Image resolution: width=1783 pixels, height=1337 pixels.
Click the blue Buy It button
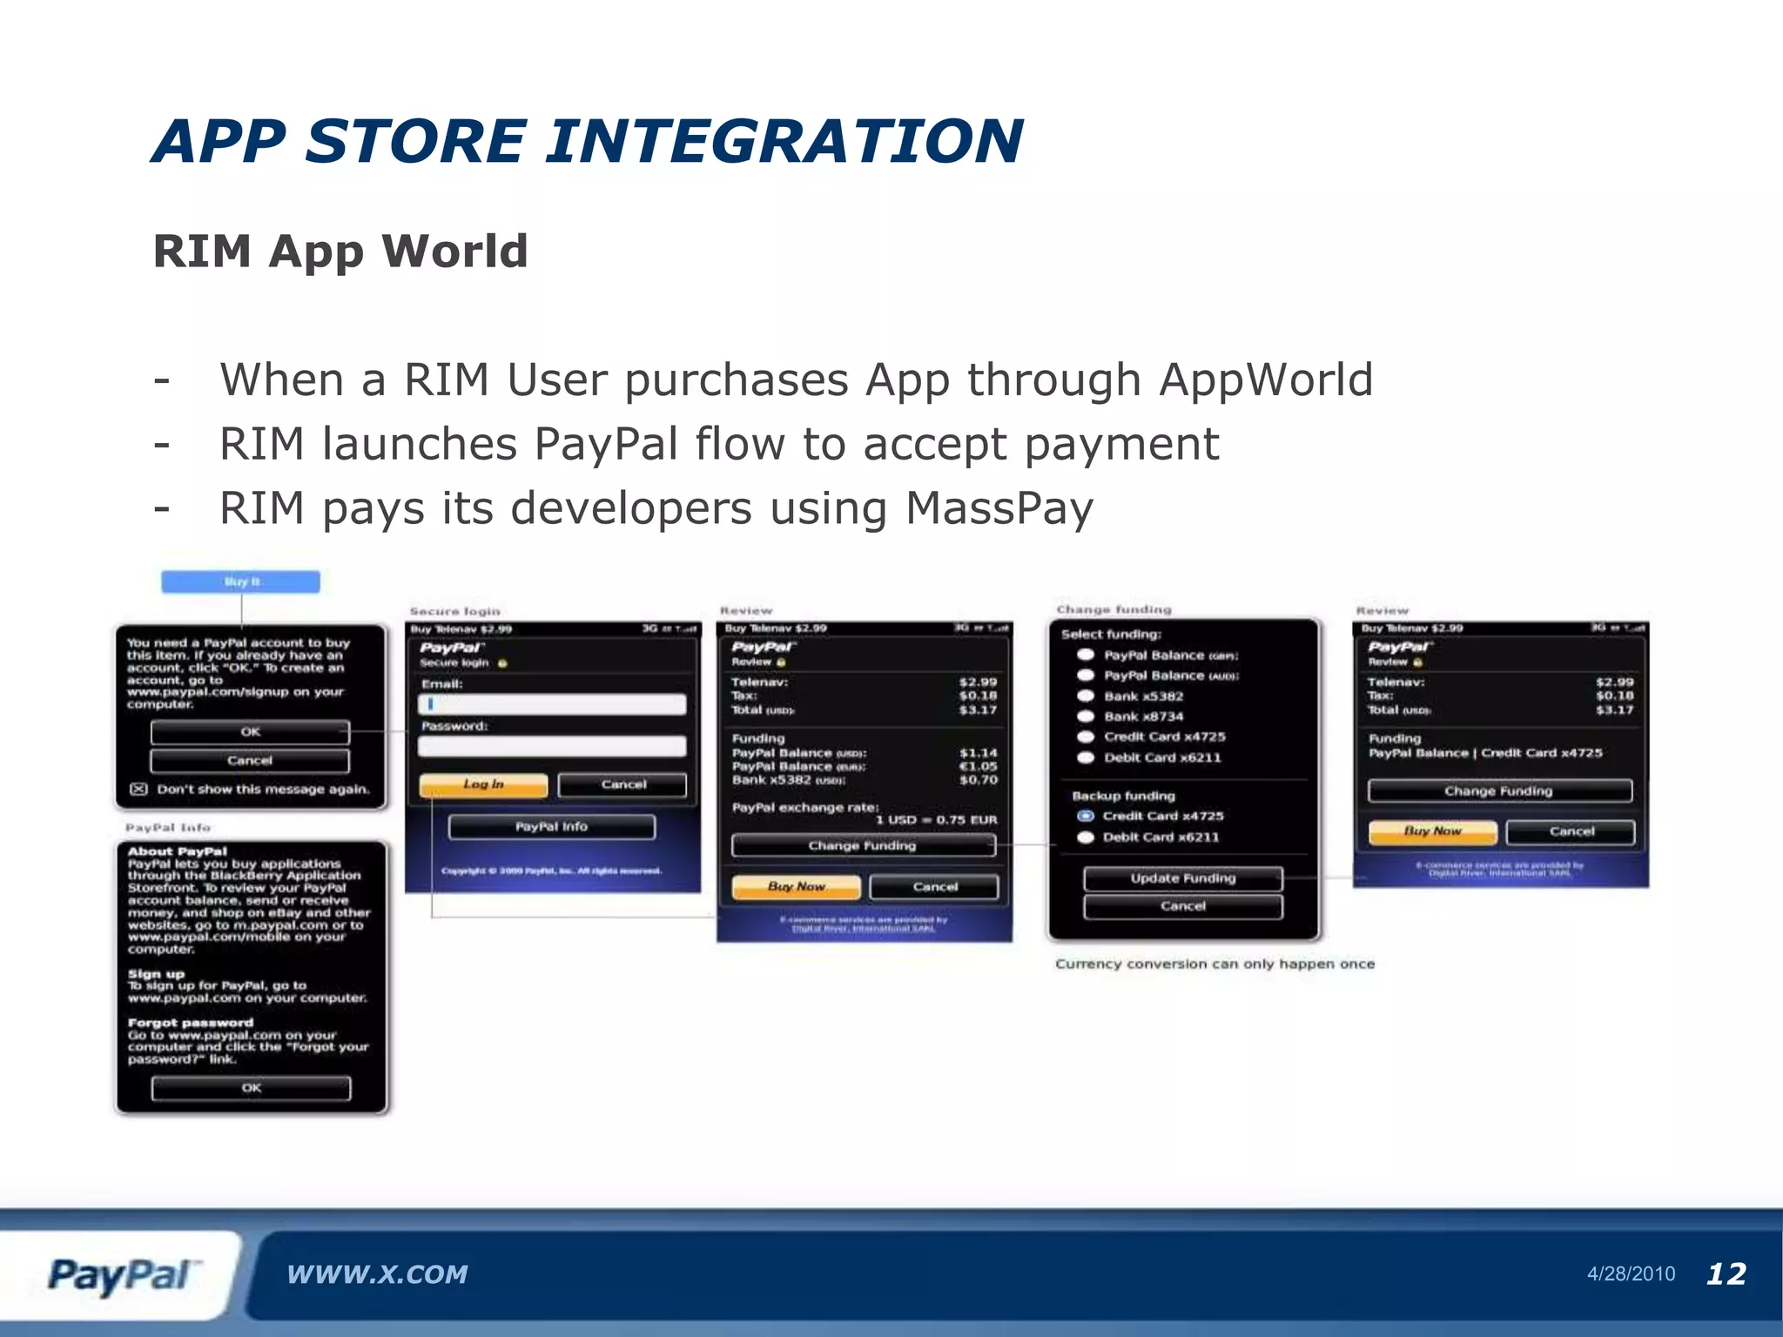point(240,581)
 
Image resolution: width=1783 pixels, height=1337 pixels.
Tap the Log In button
point(483,784)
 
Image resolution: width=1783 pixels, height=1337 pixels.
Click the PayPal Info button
point(551,827)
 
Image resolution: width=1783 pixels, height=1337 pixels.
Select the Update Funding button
point(1182,878)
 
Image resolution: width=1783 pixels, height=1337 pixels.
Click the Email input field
point(552,705)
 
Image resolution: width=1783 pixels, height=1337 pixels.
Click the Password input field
point(552,746)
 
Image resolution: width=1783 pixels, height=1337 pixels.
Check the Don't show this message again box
point(138,789)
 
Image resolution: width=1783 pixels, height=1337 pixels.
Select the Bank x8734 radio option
point(1086,716)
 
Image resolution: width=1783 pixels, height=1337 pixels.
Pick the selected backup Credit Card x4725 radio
point(1086,816)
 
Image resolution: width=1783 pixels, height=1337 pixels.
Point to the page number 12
point(1726,1274)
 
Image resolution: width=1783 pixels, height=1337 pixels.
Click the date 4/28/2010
point(1631,1274)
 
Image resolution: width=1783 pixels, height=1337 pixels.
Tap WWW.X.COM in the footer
point(377,1274)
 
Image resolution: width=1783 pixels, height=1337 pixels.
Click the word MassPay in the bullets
point(999,508)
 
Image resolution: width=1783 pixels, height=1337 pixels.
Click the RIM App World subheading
point(340,252)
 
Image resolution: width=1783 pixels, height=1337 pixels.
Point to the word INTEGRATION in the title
point(784,141)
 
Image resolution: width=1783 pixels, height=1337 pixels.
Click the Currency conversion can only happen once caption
point(1214,964)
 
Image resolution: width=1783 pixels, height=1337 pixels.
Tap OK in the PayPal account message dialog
point(250,732)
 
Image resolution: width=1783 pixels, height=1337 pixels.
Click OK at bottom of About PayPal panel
point(251,1088)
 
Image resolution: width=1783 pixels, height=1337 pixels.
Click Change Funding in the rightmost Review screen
point(1498,791)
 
